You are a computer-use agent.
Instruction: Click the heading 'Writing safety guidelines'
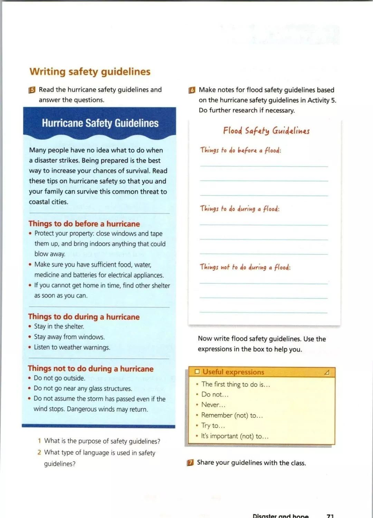coord(90,72)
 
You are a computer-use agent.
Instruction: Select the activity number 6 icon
coord(192,90)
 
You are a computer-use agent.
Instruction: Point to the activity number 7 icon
coord(190,463)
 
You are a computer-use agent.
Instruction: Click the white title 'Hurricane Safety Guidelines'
coord(100,123)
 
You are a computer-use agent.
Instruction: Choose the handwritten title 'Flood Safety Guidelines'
coord(266,131)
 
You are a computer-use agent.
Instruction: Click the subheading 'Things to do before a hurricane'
coord(84,224)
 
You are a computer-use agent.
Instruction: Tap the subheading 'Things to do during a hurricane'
coord(84,317)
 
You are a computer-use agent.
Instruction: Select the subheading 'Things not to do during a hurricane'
coord(90,369)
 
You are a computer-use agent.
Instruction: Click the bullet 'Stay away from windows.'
coord(69,337)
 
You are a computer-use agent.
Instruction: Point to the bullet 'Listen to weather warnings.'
coord(72,347)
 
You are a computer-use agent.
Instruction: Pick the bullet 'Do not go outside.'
coord(59,378)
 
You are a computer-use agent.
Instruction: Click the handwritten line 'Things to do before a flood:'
coord(240,150)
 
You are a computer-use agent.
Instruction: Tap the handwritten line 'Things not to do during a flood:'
coord(245,267)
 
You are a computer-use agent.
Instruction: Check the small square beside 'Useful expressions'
coord(197,372)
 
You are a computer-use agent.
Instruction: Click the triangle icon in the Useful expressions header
coord(327,372)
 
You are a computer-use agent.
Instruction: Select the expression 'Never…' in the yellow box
coord(213,405)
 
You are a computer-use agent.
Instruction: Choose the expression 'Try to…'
coord(213,426)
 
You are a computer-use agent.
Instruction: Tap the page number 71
coord(330,516)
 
